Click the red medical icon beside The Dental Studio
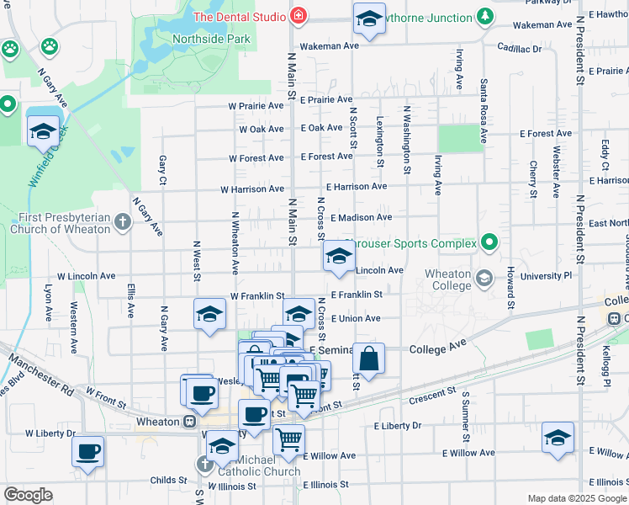pyautogui.click(x=297, y=16)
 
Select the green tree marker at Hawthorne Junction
pyautogui.click(x=484, y=16)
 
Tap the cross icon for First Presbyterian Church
pyautogui.click(x=123, y=222)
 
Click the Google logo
pyautogui.click(x=29, y=495)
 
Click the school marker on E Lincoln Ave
pyautogui.click(x=339, y=257)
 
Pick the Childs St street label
pyautogui.click(x=169, y=481)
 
